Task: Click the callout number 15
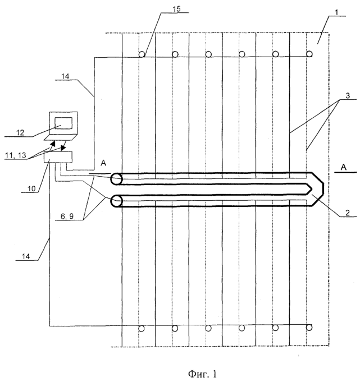(176, 9)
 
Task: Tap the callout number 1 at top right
(336, 12)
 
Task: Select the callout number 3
(348, 95)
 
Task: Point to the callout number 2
(348, 213)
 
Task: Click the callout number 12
(20, 132)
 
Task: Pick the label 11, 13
(16, 155)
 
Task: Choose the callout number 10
(31, 188)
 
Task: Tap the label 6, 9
(67, 216)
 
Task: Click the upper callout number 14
(65, 76)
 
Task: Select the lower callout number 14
(26, 256)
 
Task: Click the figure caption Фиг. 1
(202, 374)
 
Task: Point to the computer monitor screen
(63, 123)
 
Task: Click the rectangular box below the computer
(58, 157)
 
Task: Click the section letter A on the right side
(343, 167)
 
